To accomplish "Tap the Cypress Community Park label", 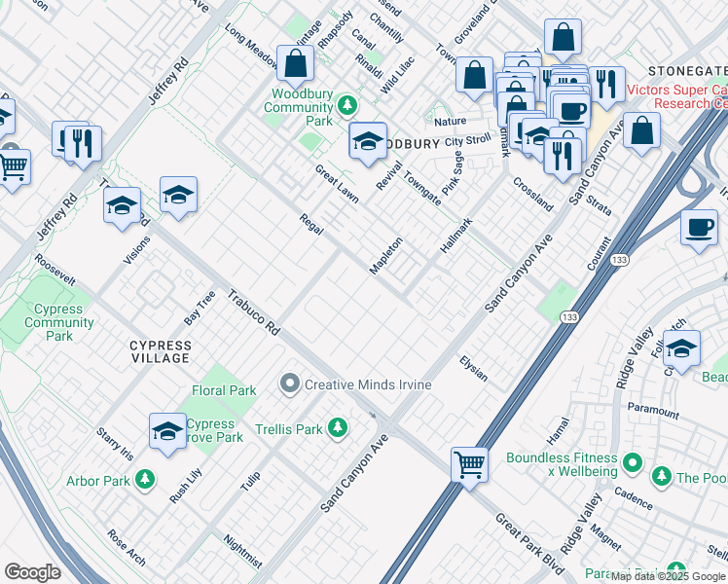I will (58, 322).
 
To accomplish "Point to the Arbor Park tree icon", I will (144, 479).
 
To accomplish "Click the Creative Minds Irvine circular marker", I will (289, 384).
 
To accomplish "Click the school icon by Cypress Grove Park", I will (167, 429).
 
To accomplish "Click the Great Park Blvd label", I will (528, 535).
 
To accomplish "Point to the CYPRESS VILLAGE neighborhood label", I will (161, 351).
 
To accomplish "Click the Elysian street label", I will (474, 368).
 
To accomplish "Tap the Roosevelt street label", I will (55, 270).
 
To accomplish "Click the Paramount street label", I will (653, 410).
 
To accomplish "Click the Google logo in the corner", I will (32, 572).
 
